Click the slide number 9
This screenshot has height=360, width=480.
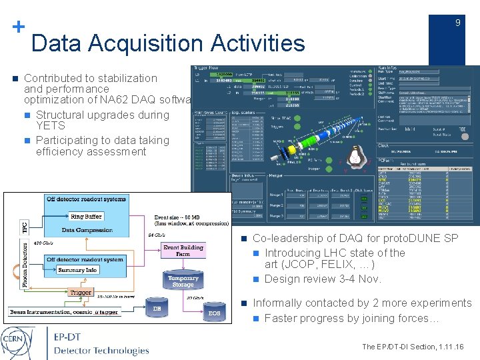457,23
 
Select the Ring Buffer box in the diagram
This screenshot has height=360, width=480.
85,217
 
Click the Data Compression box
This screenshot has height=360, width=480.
87,230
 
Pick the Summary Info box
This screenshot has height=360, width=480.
77,269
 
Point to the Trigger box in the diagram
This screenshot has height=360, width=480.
80,292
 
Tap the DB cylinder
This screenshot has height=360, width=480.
156,308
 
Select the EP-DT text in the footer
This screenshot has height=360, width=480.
69,337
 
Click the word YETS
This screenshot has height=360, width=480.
51,126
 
